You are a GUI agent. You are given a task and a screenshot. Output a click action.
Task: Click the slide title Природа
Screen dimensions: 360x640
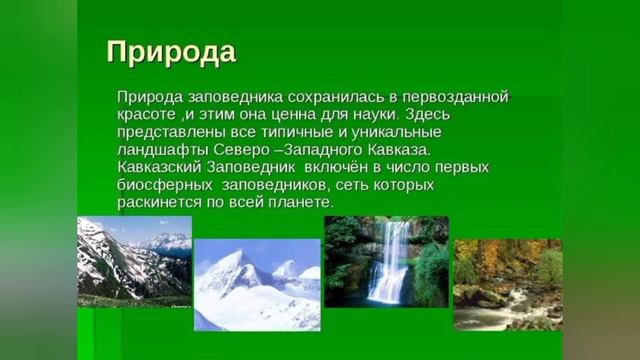pyautogui.click(x=171, y=52)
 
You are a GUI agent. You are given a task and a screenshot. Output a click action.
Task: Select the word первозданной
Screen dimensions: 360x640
pyautogui.click(x=459, y=96)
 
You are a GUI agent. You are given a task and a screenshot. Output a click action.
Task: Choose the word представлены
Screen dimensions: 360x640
pyautogui.click(x=169, y=132)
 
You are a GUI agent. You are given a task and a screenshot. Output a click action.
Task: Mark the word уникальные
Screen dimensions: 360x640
pyautogui.click(x=385, y=132)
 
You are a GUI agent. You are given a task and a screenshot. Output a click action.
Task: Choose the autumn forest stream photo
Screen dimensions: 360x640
pyautogui.click(x=507, y=284)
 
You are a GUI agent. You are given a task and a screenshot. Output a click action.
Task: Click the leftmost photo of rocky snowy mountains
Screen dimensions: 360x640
pyautogui.click(x=134, y=262)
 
